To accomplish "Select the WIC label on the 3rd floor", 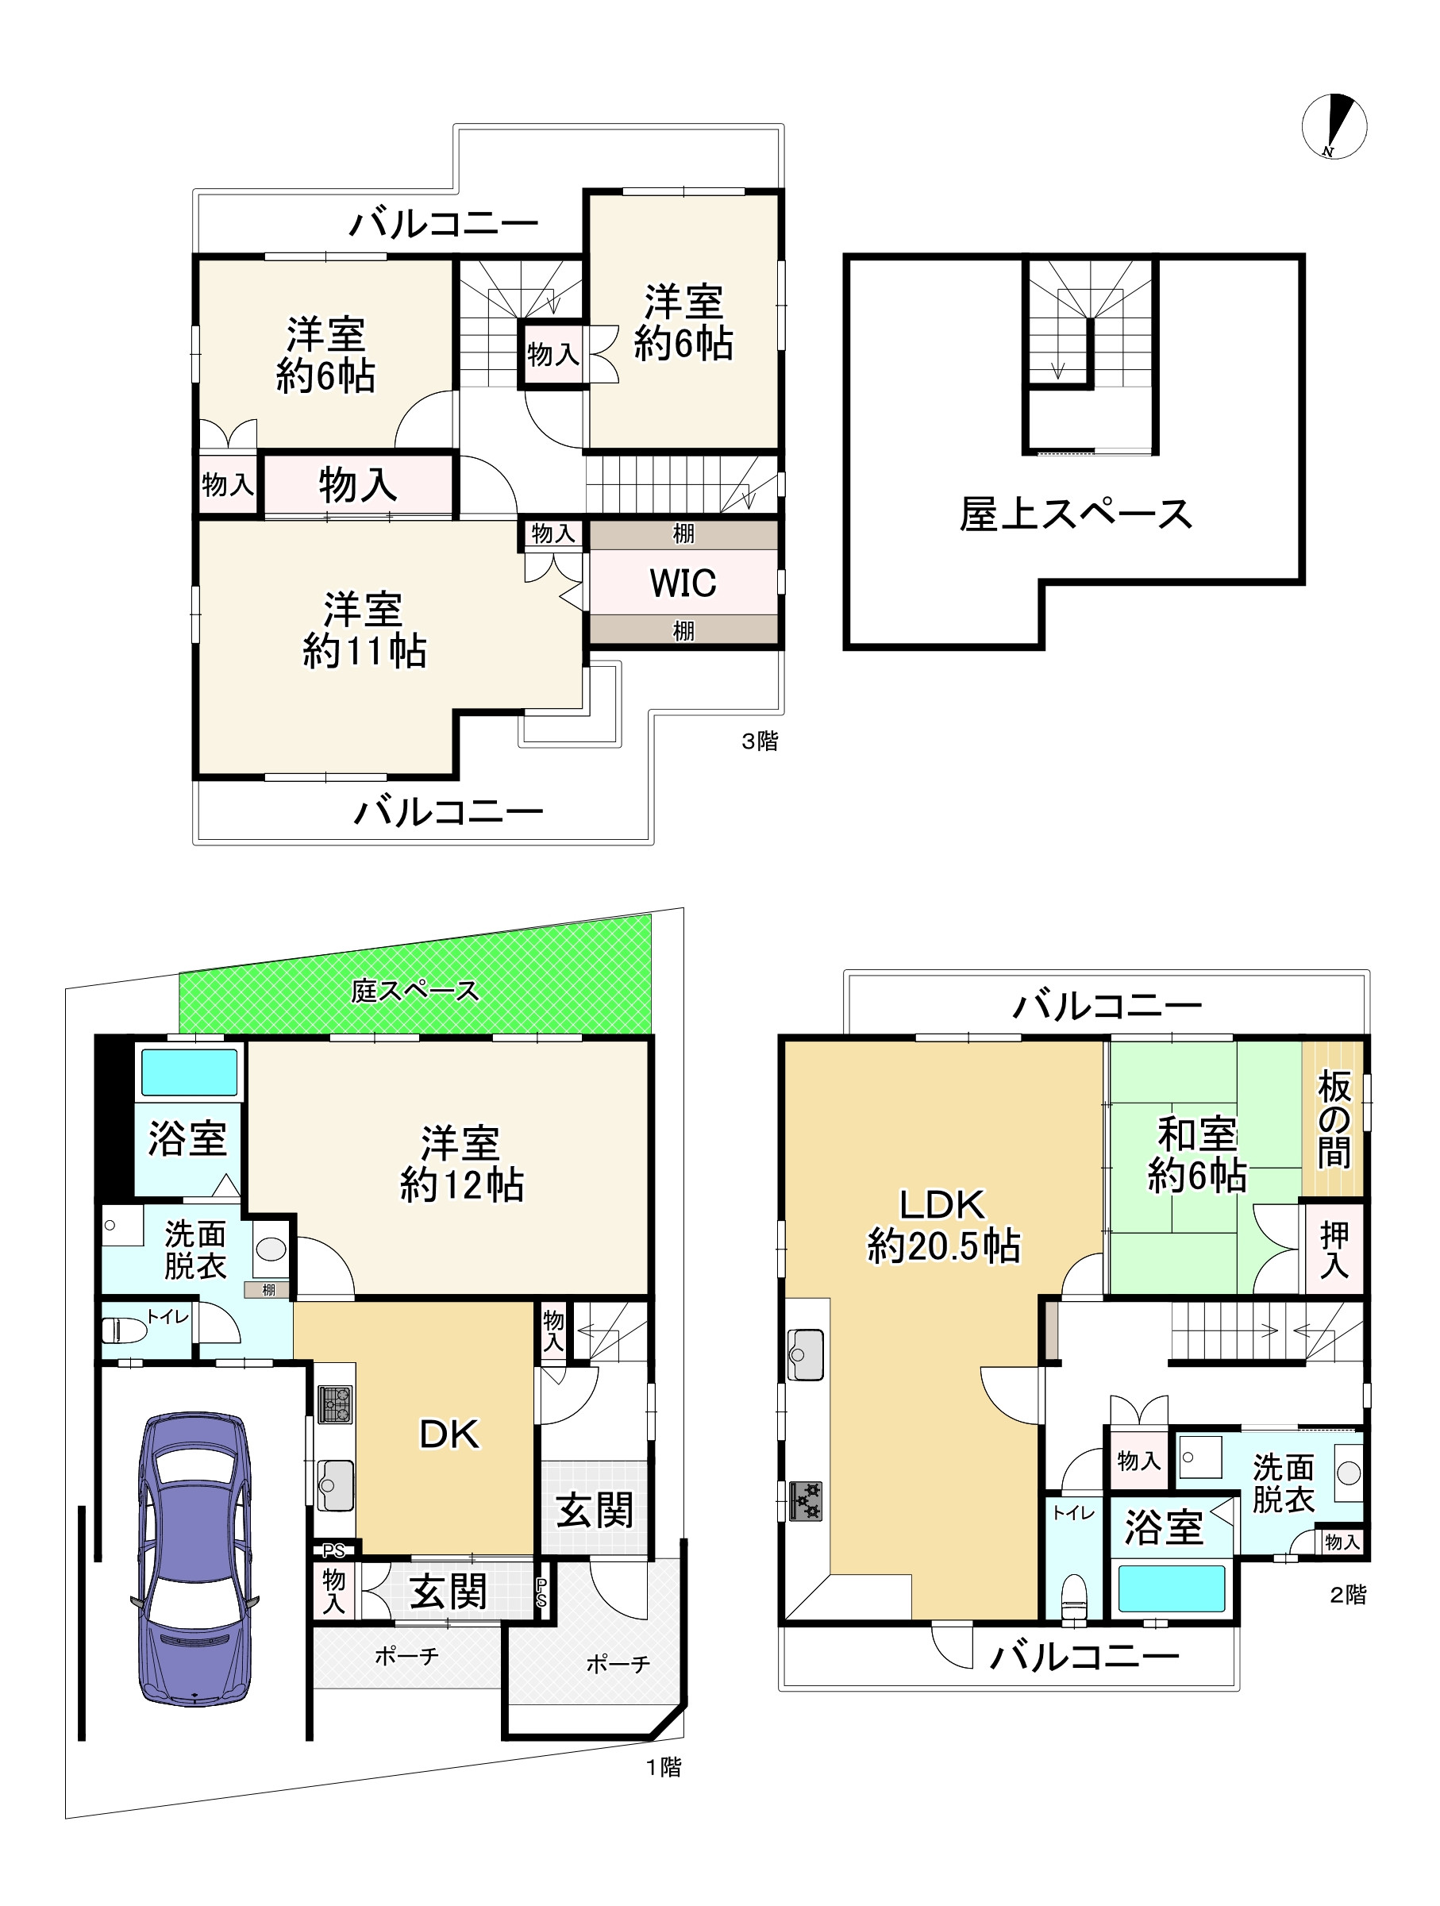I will point(683,583).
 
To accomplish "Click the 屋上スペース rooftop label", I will point(1075,514).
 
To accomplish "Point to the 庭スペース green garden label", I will point(414,991).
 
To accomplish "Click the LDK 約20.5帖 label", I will point(943,1226).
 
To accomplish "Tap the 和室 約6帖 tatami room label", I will point(1196,1154).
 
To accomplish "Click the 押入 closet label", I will point(1333,1249).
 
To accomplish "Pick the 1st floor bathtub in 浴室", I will point(189,1072).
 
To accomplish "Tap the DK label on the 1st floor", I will point(449,1434).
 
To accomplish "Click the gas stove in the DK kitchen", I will point(335,1404).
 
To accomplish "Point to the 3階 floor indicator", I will point(759,741).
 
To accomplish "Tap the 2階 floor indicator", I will point(1348,1595).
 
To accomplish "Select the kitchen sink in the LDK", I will point(805,1355).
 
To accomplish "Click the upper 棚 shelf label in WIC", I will point(683,534).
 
